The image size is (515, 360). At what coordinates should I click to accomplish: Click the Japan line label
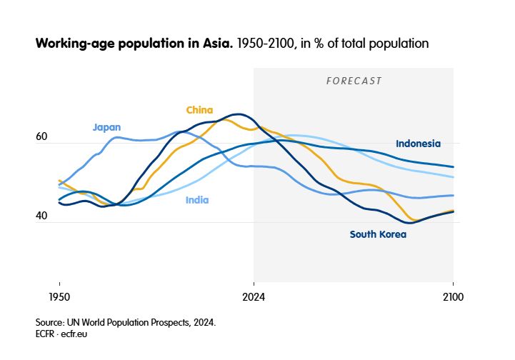[x=106, y=127]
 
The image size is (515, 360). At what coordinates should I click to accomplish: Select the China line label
[x=199, y=109]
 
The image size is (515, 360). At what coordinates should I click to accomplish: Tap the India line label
[x=197, y=200]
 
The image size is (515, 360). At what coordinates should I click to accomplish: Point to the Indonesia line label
[x=418, y=144]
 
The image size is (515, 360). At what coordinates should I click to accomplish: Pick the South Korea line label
[x=378, y=234]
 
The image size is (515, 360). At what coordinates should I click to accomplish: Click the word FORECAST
[x=354, y=81]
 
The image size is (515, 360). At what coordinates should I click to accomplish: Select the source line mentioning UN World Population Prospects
[x=125, y=322]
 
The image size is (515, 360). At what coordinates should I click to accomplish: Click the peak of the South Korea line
[x=240, y=114]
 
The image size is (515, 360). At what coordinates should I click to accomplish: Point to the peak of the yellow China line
[x=222, y=119]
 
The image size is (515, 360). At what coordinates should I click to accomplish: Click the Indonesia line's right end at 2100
[x=454, y=167]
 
